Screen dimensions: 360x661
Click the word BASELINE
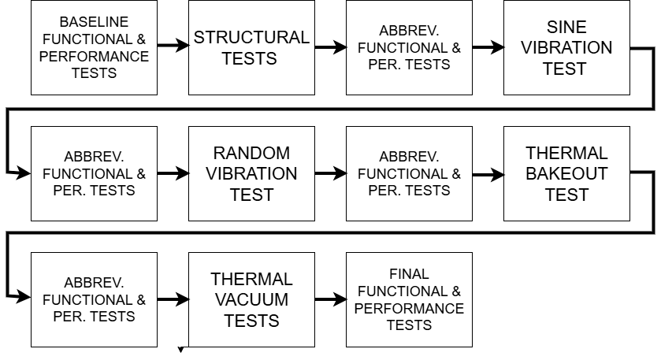point(94,22)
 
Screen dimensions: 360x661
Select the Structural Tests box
point(251,47)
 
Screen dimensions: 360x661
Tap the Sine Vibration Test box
point(566,47)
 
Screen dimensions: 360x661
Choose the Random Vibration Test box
point(251,173)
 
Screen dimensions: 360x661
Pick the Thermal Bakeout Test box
point(566,173)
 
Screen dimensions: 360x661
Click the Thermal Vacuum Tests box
point(251,299)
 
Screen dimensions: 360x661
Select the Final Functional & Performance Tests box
point(409,299)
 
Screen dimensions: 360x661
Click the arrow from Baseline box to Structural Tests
point(173,46)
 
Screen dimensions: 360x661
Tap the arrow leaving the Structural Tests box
point(330,47)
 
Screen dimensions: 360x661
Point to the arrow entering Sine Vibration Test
point(488,47)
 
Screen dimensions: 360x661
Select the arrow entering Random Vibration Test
point(173,173)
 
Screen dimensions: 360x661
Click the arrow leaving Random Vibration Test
point(330,173)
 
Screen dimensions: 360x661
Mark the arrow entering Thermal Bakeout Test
point(488,173)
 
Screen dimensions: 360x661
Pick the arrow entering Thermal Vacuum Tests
point(173,299)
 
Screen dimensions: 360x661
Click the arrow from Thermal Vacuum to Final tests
point(330,299)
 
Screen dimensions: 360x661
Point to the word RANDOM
point(251,153)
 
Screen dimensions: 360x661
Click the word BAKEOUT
point(566,173)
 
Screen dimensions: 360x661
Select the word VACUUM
point(251,299)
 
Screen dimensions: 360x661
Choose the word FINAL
point(409,274)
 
